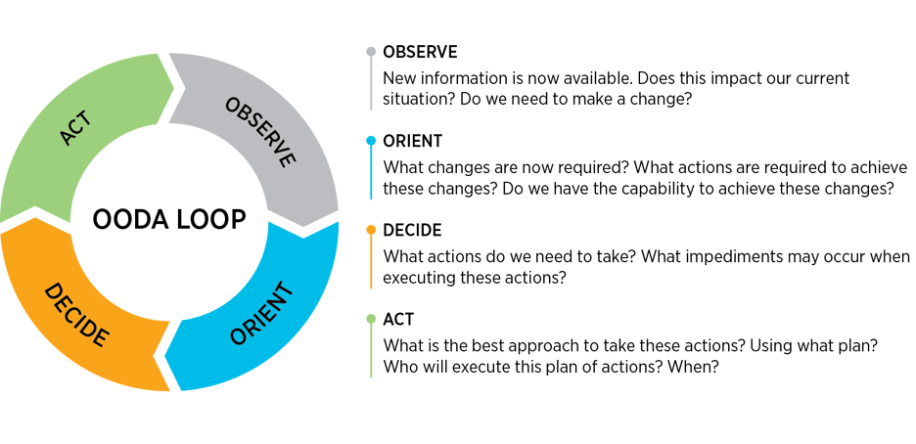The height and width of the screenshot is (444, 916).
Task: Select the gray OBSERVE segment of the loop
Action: coord(258,127)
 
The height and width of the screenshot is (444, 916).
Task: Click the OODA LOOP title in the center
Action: coord(169,221)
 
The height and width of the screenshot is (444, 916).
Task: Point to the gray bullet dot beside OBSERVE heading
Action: coord(370,51)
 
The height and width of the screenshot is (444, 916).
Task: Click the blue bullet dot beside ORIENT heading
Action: coord(370,141)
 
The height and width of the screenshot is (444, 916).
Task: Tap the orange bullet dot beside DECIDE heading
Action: coord(370,231)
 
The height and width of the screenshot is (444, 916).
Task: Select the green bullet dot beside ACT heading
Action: coord(370,320)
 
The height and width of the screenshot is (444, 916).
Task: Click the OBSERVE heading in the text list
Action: coord(421,51)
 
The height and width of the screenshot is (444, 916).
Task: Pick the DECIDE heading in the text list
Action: coord(413,231)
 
